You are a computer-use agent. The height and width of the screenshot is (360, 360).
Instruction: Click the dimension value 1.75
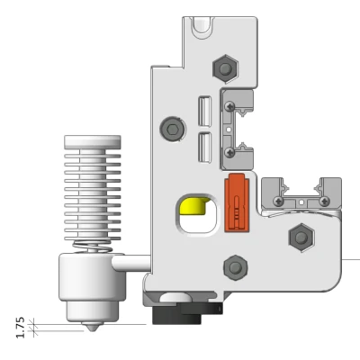(x=20, y=326)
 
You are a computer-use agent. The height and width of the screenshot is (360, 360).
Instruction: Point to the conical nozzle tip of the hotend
(x=92, y=327)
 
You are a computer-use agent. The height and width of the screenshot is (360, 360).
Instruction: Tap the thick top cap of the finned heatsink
(x=91, y=141)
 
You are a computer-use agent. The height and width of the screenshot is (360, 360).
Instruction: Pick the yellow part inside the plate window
(x=192, y=208)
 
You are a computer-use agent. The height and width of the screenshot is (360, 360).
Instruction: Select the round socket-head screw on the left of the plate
(x=171, y=130)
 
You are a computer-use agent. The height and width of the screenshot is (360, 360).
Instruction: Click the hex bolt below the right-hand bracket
(x=298, y=238)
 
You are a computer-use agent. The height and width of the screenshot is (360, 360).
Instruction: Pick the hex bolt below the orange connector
(x=234, y=266)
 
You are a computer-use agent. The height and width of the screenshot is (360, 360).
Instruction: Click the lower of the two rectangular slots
(x=203, y=145)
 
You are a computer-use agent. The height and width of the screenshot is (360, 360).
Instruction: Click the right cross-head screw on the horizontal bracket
(x=325, y=201)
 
